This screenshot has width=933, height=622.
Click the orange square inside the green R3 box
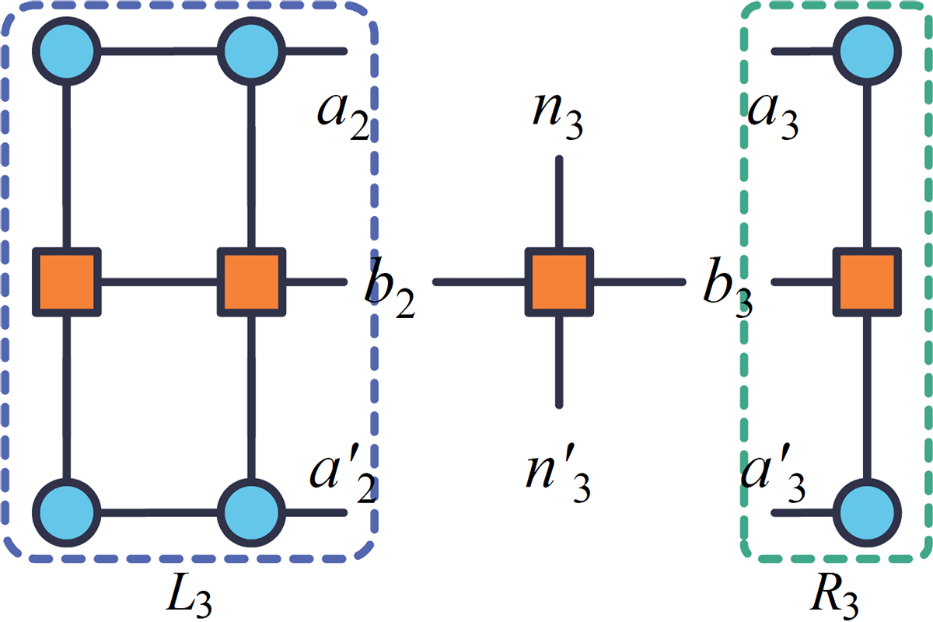[x=867, y=281]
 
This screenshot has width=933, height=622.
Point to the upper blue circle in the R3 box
[x=869, y=51]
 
